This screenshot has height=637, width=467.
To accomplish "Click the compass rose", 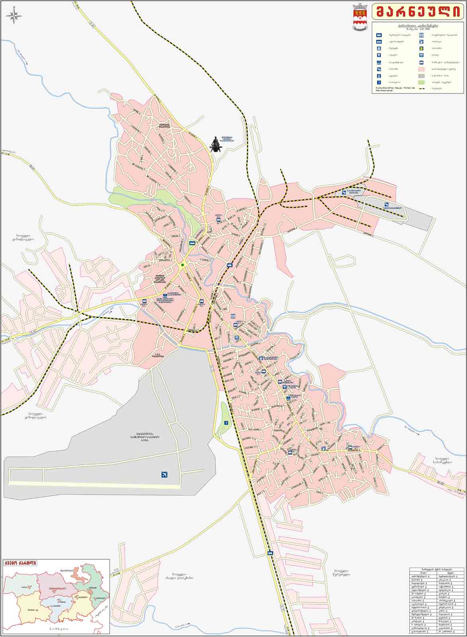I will pos(14,16).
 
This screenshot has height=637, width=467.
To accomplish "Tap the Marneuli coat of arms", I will pos(360,17).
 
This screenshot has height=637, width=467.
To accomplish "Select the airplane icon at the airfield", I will pos(164,474).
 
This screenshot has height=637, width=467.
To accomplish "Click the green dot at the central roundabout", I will pos(182,265).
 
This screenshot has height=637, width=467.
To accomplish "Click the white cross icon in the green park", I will pos(226,422).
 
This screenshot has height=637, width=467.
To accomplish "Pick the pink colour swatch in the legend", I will pos(421,69).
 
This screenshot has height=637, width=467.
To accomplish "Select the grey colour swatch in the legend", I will pos(421,76).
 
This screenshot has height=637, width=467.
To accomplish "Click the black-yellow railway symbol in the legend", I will pos(421,88).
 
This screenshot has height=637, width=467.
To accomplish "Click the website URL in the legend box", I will pos(384,90).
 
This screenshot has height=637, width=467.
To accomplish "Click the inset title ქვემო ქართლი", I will pos(20,563).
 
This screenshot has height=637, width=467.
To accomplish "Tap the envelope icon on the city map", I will pos(237,337).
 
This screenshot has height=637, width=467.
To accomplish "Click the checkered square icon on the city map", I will pos(233,316).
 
